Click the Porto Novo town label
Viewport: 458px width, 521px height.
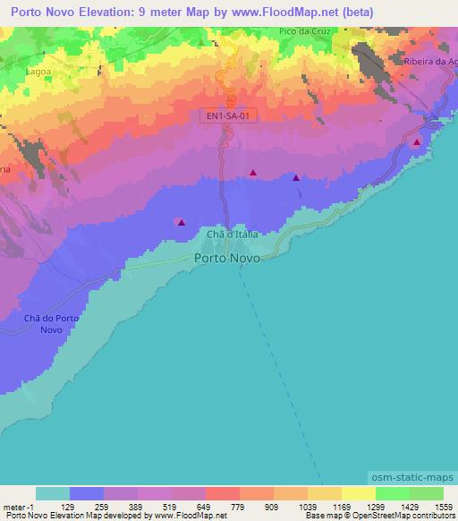point(227,258)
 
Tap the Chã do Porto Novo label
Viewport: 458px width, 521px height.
point(53,324)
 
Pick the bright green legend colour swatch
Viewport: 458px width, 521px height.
point(393,493)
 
